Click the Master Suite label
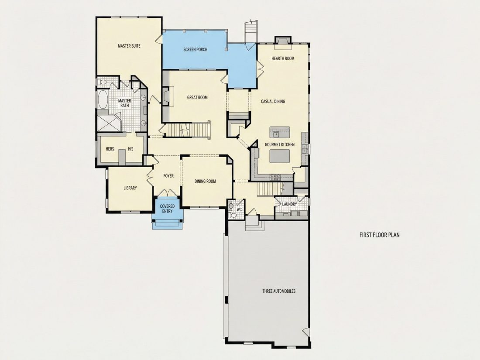point(129,46)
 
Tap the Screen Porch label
point(195,49)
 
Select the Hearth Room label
point(283,58)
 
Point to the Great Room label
point(197,98)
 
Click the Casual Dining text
point(273,102)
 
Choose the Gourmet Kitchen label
point(280,144)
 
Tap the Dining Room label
point(205,181)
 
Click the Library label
point(130,188)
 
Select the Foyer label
point(168,176)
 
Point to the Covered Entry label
point(167,209)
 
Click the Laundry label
point(289,204)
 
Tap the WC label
point(240,210)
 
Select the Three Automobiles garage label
point(279,291)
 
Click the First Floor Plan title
point(379,235)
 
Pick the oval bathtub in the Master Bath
point(103,99)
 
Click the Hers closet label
point(110,149)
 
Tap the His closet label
point(131,149)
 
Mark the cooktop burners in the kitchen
point(275,177)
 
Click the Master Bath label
point(125,103)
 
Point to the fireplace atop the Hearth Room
point(283,42)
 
